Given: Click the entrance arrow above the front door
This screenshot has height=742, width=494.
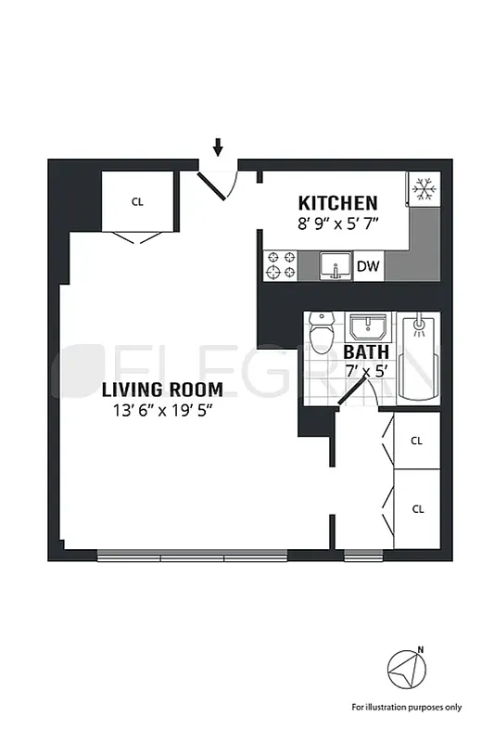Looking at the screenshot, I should [x=219, y=147].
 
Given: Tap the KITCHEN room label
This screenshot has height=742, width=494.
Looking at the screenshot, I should [x=336, y=203].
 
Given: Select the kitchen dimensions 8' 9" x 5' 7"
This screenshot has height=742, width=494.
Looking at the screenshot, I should [x=338, y=224].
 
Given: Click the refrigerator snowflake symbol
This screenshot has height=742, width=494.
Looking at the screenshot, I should [x=424, y=190].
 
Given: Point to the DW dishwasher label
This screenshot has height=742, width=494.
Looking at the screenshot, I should [x=368, y=267].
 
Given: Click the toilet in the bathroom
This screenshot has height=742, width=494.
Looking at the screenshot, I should [x=322, y=334].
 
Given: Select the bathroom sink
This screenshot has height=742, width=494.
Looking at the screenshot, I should [x=369, y=326].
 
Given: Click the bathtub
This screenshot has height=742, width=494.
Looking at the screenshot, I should [x=417, y=355].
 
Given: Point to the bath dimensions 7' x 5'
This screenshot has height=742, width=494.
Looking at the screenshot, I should [x=363, y=371].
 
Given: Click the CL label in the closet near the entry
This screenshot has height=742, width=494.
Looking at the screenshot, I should [x=137, y=200].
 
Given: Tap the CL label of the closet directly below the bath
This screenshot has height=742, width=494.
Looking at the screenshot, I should [x=417, y=441].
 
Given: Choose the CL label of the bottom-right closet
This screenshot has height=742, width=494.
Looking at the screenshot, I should [x=417, y=508].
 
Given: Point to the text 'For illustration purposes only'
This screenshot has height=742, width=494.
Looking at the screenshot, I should [x=406, y=708].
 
